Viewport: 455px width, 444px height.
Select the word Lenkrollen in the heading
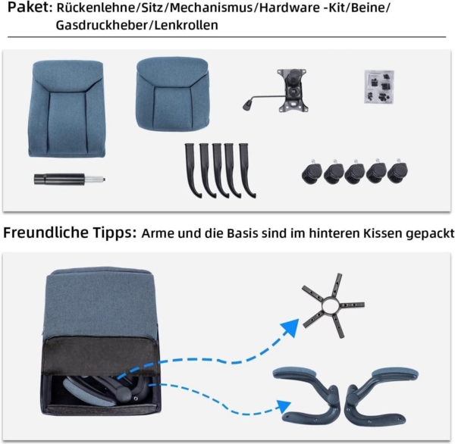pyautogui.click(x=187, y=25)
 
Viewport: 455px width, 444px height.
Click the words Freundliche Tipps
pyautogui.click(x=69, y=233)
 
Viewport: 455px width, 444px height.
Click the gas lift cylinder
pyautogui.click(x=67, y=179)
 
